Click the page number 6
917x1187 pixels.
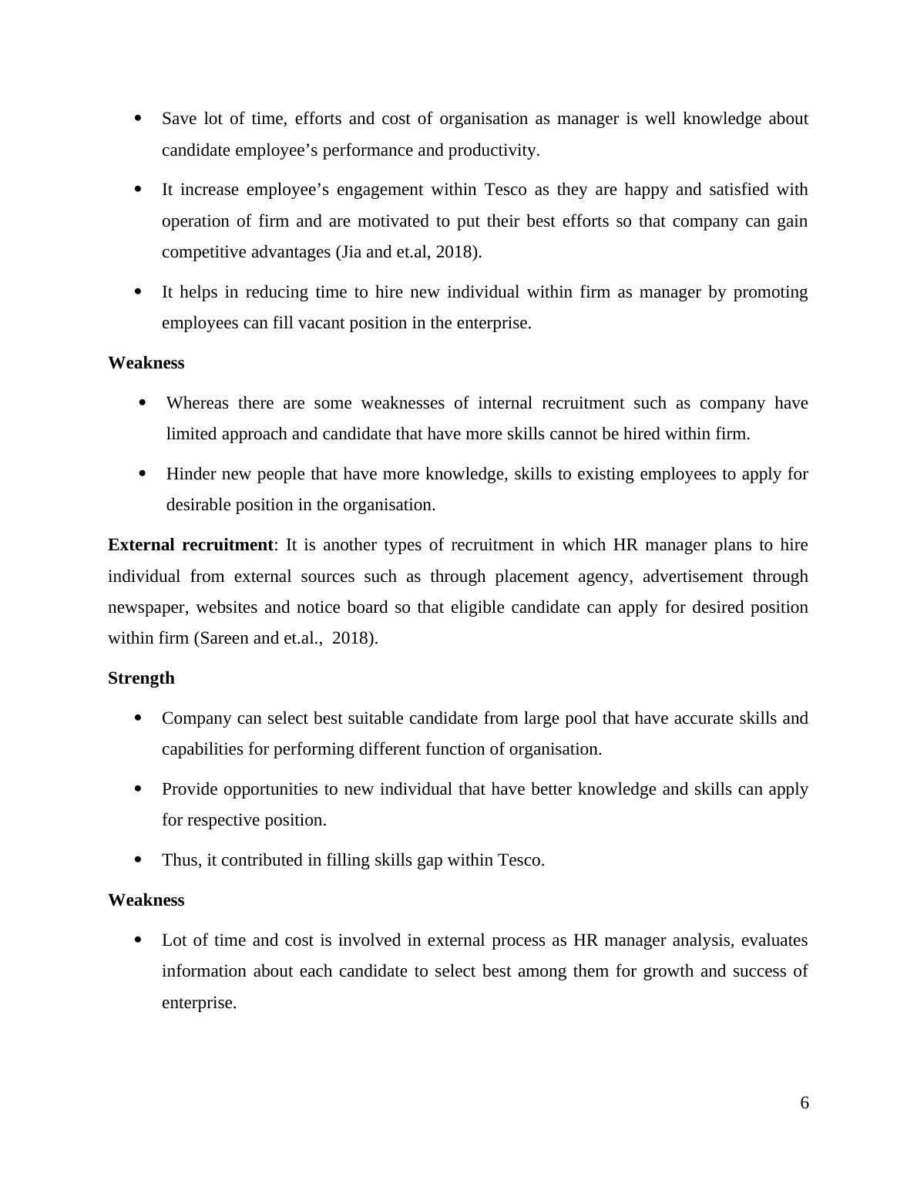[804, 1104]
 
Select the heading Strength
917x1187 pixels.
[141, 678]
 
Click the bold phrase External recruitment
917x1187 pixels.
[190, 545]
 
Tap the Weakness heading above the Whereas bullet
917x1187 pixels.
[146, 363]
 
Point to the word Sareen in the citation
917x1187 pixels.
[225, 638]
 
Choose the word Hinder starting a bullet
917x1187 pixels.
[191, 474]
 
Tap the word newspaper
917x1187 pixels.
[148, 607]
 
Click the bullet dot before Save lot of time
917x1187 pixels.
[139, 119]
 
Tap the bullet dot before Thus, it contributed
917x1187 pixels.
[139, 859]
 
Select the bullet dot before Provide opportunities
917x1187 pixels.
[139, 789]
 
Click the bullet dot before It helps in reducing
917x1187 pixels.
[139, 291]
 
